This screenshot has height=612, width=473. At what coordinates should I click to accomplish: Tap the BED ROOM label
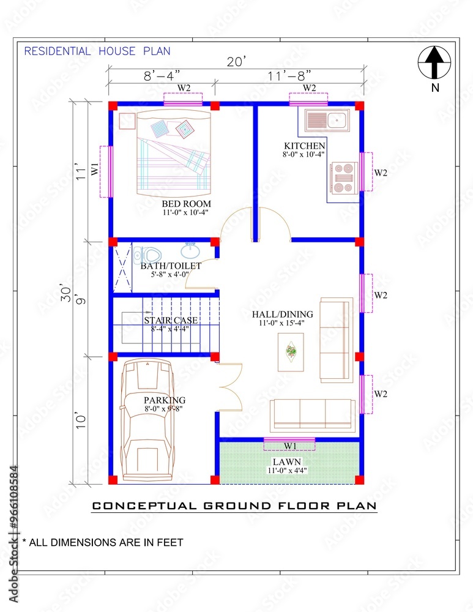tap(186, 204)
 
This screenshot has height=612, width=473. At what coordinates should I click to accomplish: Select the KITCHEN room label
tap(304, 146)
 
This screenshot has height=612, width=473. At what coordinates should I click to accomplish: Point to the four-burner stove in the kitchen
tap(343, 177)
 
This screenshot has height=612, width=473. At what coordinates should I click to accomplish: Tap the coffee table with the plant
tap(291, 352)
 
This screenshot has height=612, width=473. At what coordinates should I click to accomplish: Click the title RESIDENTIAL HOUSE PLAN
tap(97, 51)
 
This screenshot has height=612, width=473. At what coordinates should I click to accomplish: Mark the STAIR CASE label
tap(166, 320)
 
